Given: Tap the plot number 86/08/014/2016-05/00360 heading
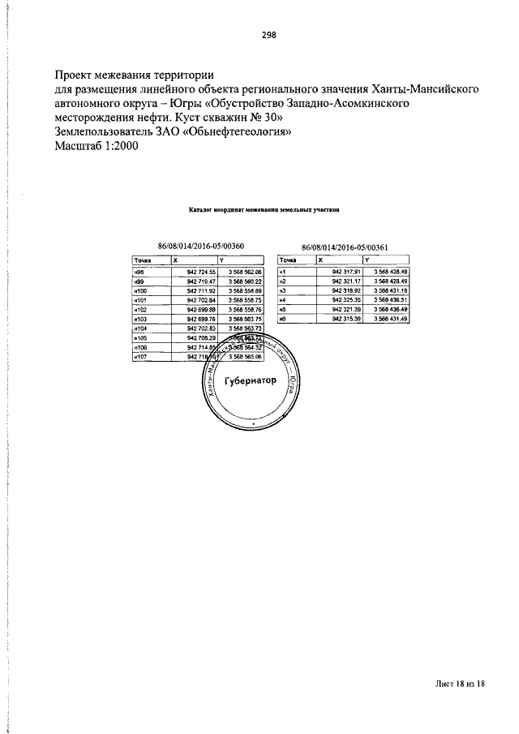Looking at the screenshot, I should [x=200, y=246].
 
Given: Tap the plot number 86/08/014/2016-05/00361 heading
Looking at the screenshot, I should [x=345, y=246].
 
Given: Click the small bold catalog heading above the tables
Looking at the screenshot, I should [x=264, y=208].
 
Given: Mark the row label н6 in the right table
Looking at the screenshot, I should [x=283, y=319].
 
